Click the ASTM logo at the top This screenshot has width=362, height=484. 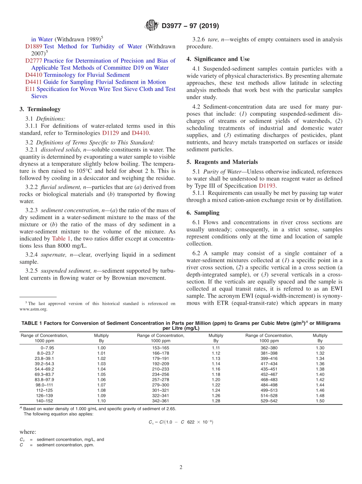click(x=151, y=26)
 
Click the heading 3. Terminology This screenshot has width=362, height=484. click(x=40, y=109)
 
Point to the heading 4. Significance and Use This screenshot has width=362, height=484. click(x=218, y=59)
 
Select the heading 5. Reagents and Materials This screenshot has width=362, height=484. click(x=222, y=162)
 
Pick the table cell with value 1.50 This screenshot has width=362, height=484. click(x=320, y=401)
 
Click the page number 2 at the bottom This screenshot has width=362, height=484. click(x=181, y=467)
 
